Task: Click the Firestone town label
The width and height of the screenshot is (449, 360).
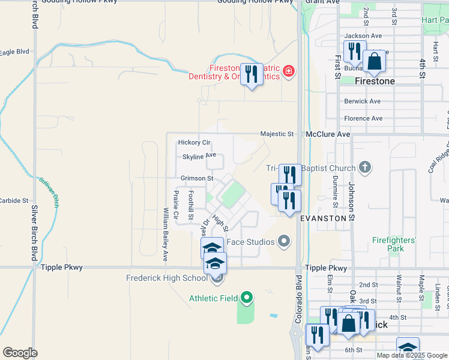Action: coord(375,81)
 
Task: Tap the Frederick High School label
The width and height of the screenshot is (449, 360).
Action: coord(166,278)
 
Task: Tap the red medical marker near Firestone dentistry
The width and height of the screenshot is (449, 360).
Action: coord(289,72)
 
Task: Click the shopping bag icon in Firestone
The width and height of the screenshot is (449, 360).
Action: coord(374,61)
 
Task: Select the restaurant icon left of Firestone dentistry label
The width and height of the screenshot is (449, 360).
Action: coord(252,74)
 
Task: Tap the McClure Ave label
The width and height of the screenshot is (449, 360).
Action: coord(327,134)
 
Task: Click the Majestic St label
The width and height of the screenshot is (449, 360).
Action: coord(277,134)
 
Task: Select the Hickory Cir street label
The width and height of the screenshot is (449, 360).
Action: coord(194,143)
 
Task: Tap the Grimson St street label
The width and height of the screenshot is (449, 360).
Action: coord(197,179)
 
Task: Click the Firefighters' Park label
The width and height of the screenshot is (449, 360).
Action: coord(393,244)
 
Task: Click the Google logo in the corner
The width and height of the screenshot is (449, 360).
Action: coord(20,353)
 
